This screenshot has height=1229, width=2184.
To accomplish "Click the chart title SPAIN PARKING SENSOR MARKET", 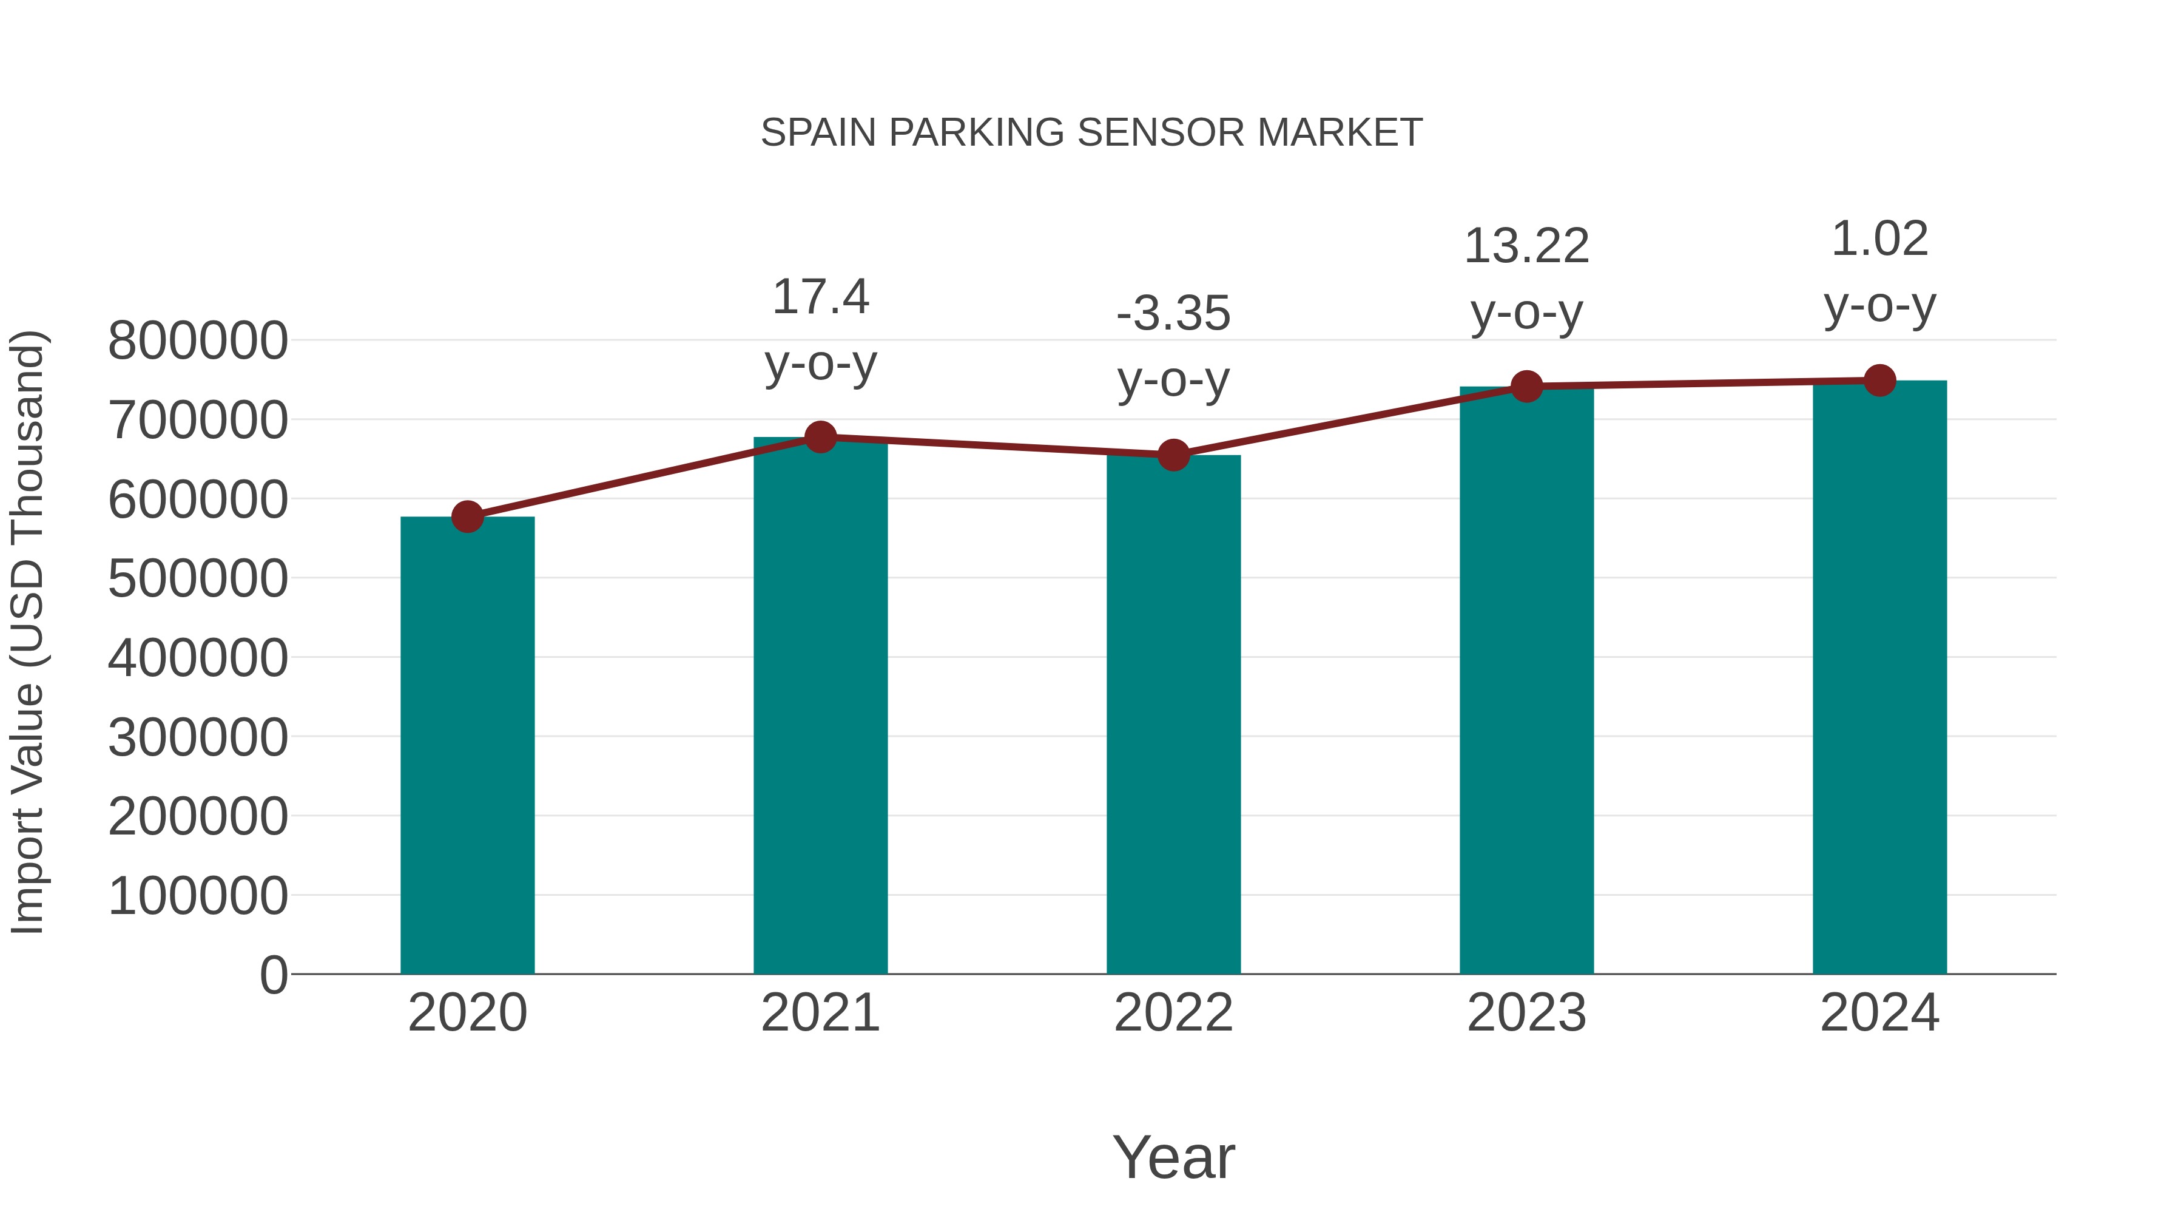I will click(x=1091, y=133).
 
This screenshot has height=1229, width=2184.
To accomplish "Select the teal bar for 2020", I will click(x=467, y=747).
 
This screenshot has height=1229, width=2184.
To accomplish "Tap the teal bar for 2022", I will click(x=1173, y=717).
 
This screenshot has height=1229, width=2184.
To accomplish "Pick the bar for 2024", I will click(x=1879, y=679).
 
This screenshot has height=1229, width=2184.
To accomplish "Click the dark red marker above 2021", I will click(x=820, y=438).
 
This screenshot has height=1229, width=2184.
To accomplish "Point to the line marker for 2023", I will click(x=1526, y=387).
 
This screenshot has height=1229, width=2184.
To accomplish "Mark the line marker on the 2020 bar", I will click(x=467, y=516).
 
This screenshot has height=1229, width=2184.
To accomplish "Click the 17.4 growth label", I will click(x=820, y=298).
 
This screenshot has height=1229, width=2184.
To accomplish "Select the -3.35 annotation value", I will click(x=1173, y=314).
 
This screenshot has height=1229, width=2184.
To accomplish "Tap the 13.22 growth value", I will click(x=1526, y=247).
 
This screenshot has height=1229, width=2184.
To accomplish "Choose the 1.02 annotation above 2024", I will click(x=1879, y=239).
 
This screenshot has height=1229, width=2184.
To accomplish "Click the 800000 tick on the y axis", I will click(x=198, y=341).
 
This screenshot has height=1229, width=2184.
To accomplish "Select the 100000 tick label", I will click(x=198, y=896).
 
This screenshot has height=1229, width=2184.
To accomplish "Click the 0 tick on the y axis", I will click(x=274, y=975).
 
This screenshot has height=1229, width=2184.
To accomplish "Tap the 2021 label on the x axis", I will click(x=820, y=1013).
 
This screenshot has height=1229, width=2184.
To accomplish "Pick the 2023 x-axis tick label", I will click(x=1526, y=1013).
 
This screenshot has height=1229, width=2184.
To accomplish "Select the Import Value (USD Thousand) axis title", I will click(x=27, y=632).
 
